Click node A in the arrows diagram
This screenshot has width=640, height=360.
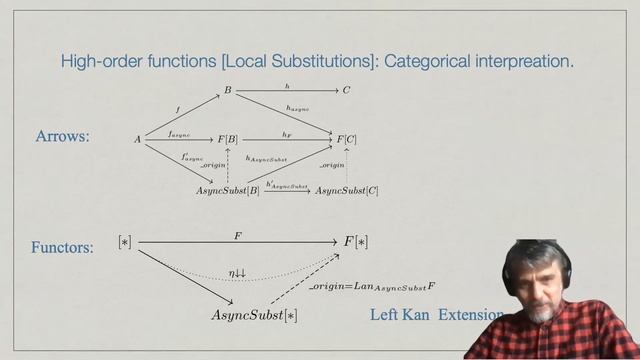[x=138, y=140]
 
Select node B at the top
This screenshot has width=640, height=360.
[x=227, y=91]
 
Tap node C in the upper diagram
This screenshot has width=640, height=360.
[x=347, y=91]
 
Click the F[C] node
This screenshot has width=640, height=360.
[x=347, y=139]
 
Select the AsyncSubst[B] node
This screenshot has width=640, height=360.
[x=227, y=190]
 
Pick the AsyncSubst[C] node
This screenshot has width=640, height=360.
[x=347, y=190]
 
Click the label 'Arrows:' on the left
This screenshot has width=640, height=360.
[x=62, y=137]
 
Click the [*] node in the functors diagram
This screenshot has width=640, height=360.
[x=125, y=242]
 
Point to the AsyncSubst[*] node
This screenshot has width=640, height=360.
[x=254, y=315]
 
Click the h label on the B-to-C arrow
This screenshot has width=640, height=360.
[x=287, y=85]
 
